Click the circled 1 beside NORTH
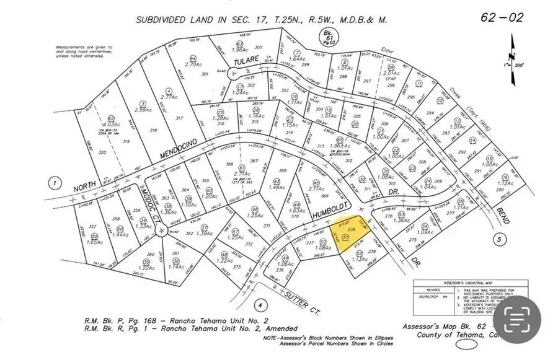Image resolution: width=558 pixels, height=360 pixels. (x=55, y=183)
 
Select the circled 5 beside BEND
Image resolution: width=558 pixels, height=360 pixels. (x=497, y=239)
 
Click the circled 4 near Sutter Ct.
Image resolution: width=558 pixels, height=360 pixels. (x=262, y=304)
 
